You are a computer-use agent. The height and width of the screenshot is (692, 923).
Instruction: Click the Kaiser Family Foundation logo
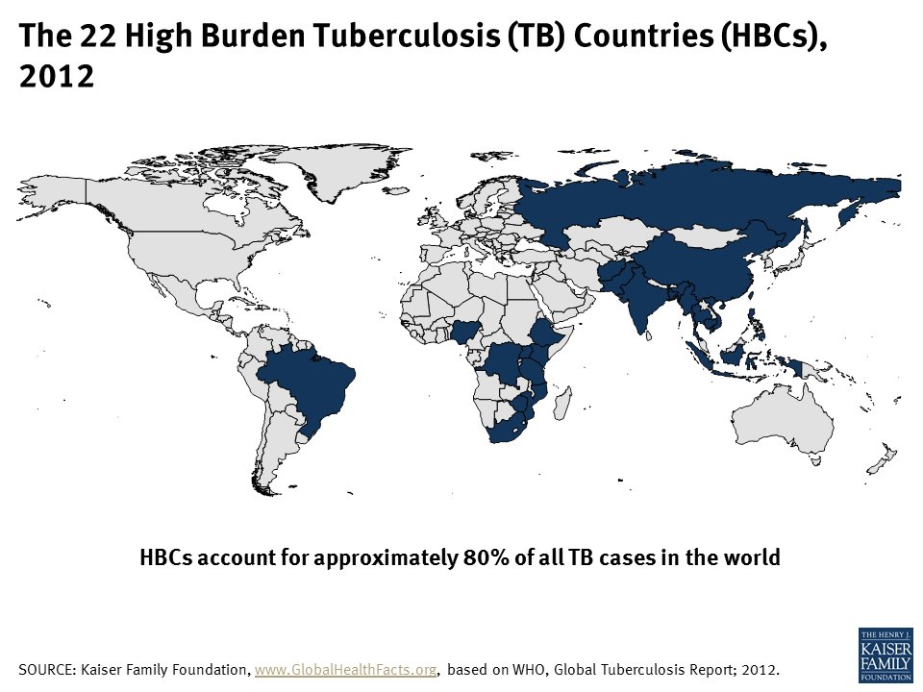[x=885, y=655]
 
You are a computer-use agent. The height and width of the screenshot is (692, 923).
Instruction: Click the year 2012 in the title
[x=57, y=76]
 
